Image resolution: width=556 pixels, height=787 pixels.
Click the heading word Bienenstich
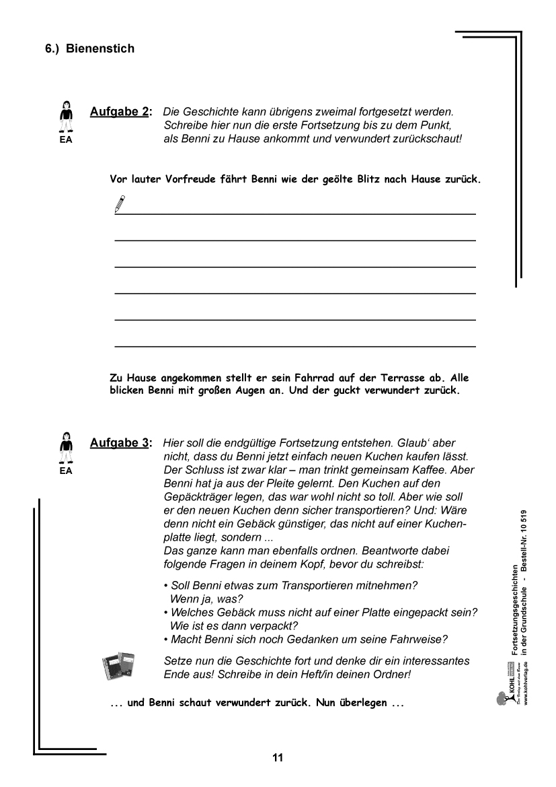pos(100,48)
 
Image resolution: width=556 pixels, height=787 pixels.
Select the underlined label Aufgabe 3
pos(120,443)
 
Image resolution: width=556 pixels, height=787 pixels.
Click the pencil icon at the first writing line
pos(120,203)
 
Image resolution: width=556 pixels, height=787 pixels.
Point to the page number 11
pos(278,757)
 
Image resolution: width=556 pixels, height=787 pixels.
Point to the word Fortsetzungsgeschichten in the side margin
pos(514,610)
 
